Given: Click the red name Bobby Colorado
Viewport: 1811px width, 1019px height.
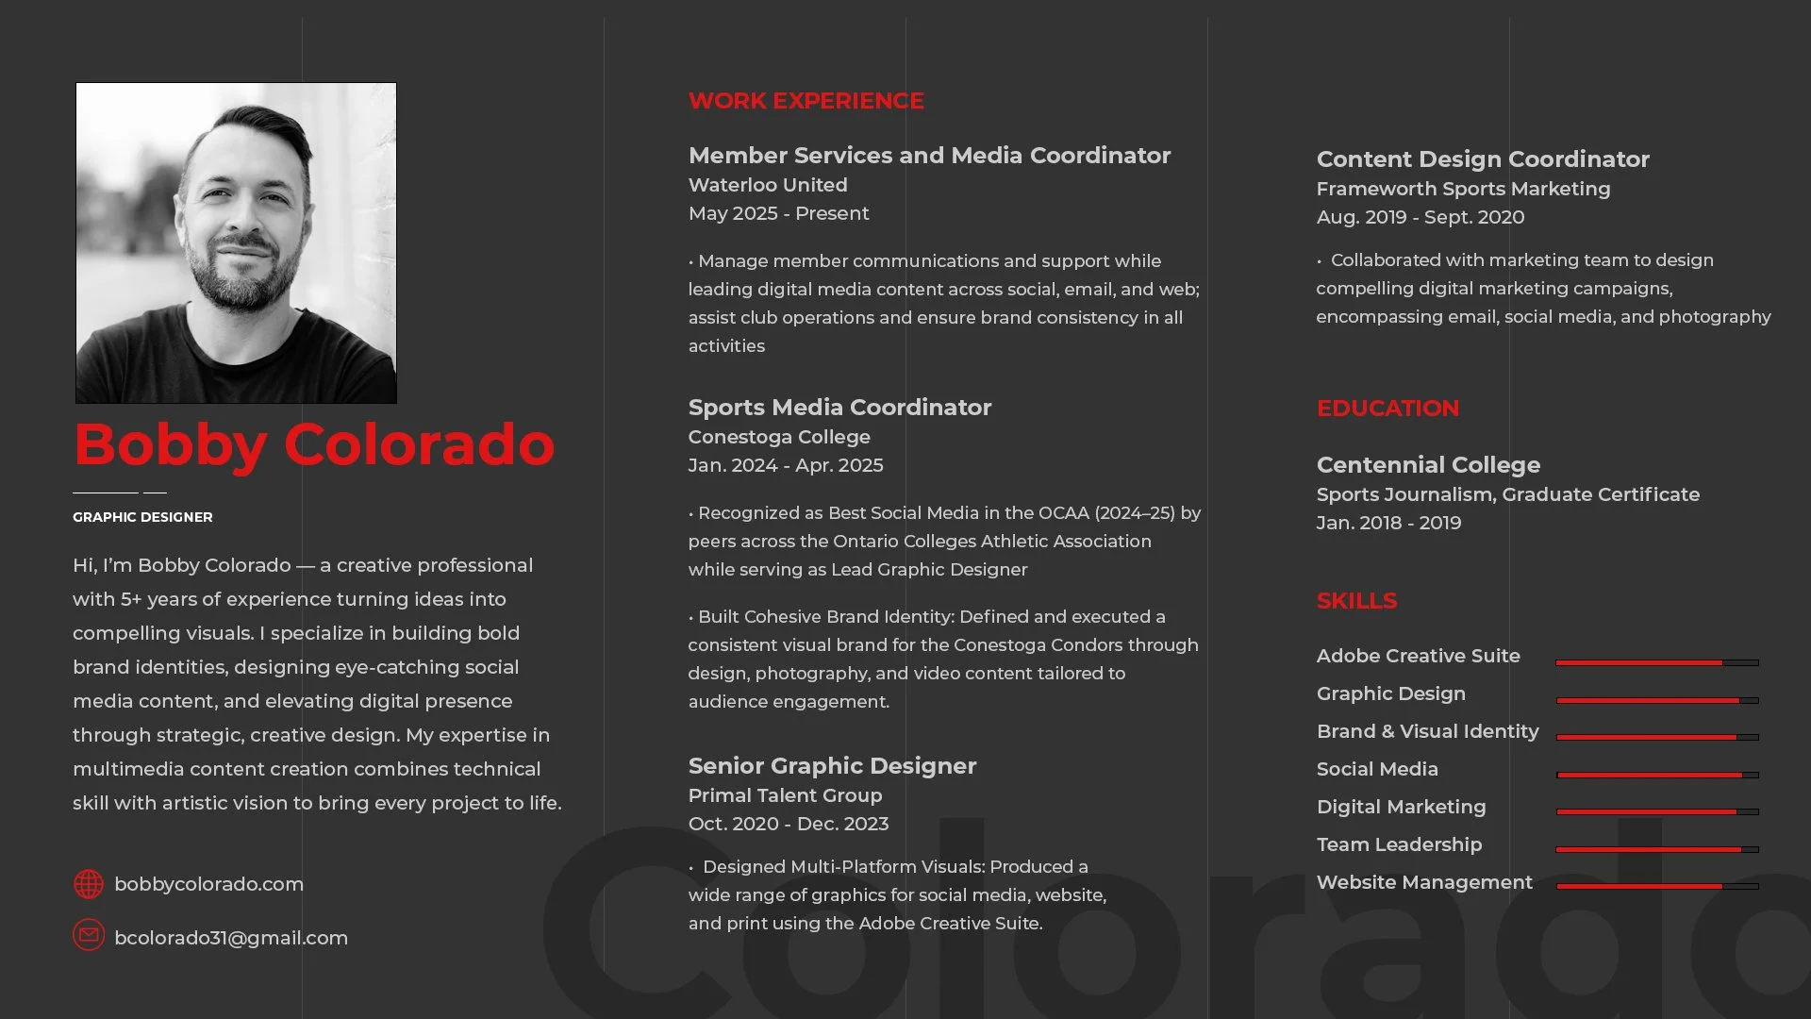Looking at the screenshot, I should click(x=314, y=444).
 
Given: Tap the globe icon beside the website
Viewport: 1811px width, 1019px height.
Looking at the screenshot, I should click(x=89, y=884).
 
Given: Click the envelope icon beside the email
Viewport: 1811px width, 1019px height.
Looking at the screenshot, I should click(x=89, y=935).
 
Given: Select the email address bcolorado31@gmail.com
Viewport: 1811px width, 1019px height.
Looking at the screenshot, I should click(x=231, y=938).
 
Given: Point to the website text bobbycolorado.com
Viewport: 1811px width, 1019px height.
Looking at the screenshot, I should click(x=208, y=884).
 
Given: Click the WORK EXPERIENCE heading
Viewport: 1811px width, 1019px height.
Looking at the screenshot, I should click(x=806, y=101).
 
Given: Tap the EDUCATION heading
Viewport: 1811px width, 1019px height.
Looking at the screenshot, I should click(x=1387, y=409).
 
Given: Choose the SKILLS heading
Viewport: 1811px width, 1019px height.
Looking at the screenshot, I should click(x=1356, y=601).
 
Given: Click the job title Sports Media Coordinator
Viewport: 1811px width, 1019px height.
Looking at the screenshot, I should click(x=839, y=408).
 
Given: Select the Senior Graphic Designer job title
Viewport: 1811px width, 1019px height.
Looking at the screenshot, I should click(x=832, y=766).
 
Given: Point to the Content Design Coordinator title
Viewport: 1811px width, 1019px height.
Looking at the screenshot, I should click(x=1483, y=159).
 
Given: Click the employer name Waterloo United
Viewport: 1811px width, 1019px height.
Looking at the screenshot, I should click(x=768, y=185).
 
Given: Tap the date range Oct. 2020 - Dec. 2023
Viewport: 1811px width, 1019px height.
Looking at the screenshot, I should click(x=789, y=824).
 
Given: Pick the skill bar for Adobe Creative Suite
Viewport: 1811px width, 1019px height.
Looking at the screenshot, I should click(x=1656, y=663).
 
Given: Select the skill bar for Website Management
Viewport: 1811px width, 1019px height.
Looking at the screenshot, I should click(x=1656, y=887).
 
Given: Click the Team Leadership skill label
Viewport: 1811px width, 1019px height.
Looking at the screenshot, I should click(x=1399, y=844).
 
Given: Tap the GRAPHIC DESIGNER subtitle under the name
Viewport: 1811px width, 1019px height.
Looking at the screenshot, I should click(x=142, y=517).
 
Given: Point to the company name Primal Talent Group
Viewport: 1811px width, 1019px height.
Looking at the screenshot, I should click(x=785, y=795).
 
